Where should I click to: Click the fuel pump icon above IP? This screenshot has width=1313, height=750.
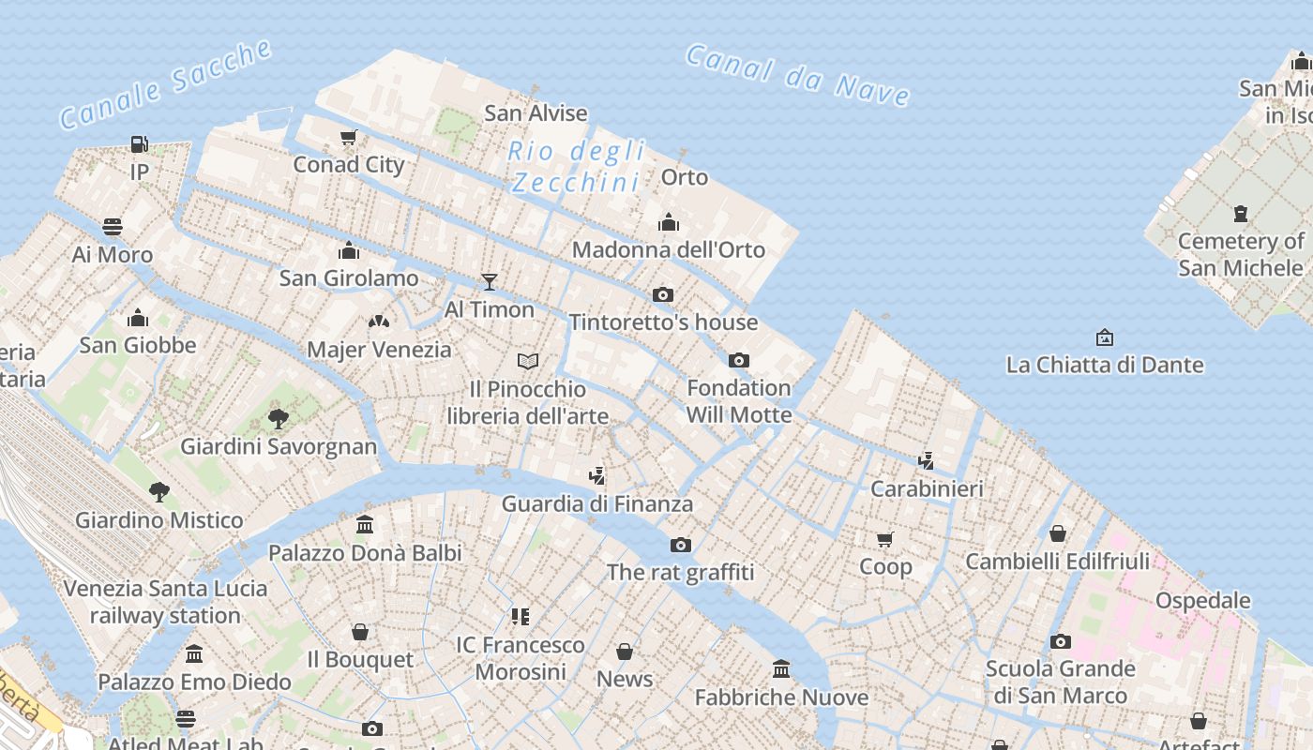pos(139,144)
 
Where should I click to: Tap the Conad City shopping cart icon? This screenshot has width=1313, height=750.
pos(349,138)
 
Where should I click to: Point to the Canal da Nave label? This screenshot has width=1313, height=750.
pos(797,74)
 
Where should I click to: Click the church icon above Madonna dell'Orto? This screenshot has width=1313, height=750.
pos(669,223)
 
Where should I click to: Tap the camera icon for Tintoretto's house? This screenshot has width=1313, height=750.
pos(663,294)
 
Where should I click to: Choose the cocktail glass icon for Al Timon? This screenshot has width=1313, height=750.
pos(489,281)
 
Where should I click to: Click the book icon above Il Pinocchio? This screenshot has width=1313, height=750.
pos(528,361)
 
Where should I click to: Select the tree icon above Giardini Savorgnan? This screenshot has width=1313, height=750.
pos(278,418)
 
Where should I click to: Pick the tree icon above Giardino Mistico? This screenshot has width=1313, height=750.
pos(159,491)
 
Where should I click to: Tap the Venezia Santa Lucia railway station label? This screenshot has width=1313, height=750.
pos(165,602)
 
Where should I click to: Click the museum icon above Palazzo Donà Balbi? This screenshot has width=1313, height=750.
pos(365,525)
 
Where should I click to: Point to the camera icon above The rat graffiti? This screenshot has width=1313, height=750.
pos(681,545)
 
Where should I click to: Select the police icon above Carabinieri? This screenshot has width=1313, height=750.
pos(927,460)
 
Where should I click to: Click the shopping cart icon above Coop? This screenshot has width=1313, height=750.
pos(885,539)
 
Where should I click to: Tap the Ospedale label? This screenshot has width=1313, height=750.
pos(1202,600)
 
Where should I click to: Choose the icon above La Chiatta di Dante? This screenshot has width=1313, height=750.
pos(1105,337)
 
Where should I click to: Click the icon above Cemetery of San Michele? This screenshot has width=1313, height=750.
pos(1241,214)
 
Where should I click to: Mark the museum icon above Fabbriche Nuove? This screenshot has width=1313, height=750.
pos(781,669)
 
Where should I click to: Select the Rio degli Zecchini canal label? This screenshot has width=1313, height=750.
pos(577,166)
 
